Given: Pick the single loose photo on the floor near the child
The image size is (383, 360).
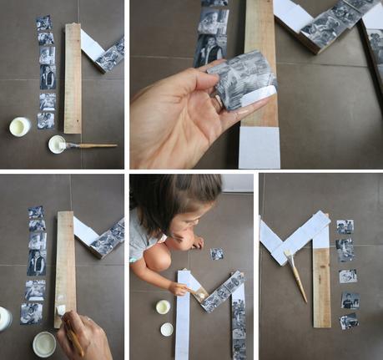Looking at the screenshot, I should tap(217, 254).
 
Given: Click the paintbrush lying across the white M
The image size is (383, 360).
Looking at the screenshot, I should tap(295, 271).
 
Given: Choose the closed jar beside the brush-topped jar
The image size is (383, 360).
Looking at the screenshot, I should tap(20, 126).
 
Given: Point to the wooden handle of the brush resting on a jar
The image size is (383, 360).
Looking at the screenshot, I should tap(97, 146).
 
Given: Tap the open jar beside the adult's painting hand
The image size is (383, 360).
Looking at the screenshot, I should tap(44, 342).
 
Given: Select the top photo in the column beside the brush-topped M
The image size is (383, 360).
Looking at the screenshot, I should tap(345, 226).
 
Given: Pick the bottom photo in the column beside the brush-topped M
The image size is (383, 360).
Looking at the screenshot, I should tap(349, 321).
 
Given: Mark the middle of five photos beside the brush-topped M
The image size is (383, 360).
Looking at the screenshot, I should tap(348, 275).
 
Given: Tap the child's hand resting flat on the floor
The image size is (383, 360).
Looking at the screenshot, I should tap(197, 243).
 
